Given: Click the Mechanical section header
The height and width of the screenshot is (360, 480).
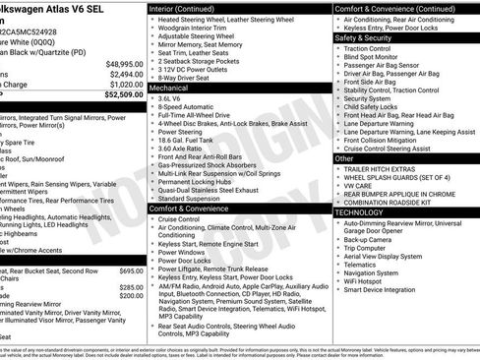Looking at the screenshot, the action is (169, 88).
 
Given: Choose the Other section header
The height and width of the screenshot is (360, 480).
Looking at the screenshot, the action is (345, 157).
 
